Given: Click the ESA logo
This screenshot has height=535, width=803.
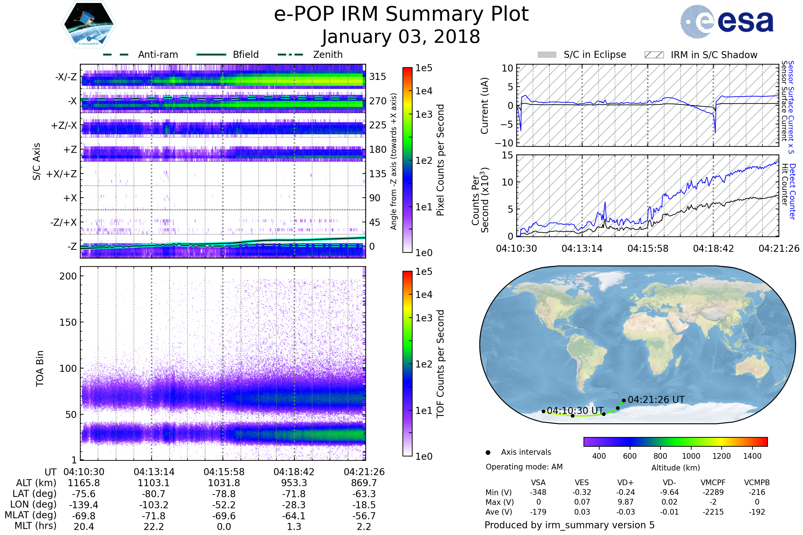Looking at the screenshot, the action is tap(727, 21).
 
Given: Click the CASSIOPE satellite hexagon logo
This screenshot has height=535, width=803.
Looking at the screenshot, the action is tap(89, 24).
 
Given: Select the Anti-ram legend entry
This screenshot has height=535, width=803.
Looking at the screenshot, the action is tap(140, 55).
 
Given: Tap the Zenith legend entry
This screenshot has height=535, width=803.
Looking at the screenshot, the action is tap(310, 55).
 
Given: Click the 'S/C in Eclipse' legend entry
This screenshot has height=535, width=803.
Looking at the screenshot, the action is tap(582, 55).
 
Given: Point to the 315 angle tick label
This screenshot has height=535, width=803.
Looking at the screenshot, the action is tap(377, 77).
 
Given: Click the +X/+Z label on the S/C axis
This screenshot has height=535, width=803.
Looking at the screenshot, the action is tap(62, 174).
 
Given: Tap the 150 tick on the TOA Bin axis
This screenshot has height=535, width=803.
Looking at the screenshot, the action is tap(68, 322).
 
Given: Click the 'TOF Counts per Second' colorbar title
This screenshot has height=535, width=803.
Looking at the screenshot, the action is tap(440, 364).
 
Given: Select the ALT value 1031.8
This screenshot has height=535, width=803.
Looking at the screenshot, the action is tap(224, 483).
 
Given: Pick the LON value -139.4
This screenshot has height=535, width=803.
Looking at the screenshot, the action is tap(84, 505).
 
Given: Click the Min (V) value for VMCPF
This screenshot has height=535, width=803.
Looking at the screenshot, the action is tap(713, 492).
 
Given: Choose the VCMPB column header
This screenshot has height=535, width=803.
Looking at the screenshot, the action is tap(757, 483).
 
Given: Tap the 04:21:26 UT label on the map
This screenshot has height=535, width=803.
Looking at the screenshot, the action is tap(656, 400).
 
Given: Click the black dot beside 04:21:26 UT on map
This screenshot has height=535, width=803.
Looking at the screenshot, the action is tap(624, 401).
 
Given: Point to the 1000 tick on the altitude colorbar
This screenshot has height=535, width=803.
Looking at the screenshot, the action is tap(691, 456).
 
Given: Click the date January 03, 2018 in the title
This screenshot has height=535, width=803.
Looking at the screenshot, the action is tap(401, 36).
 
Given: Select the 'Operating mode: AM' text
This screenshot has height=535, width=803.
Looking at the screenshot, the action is tap(524, 467).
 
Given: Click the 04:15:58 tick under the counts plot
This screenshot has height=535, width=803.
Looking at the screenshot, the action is tap(648, 248).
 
